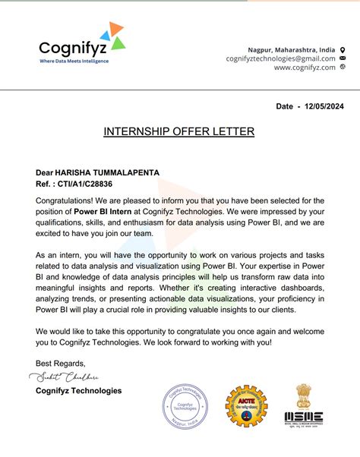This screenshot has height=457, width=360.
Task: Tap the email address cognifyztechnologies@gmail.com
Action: pos(280,58)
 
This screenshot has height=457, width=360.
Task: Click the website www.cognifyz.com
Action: pos(305,67)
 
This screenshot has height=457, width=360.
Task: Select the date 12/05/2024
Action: pos(322,106)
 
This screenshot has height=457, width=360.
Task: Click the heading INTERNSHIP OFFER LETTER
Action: pos(179,132)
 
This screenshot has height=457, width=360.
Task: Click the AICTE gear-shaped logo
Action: pos(245,407)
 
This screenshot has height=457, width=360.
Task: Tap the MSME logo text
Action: pos(303,417)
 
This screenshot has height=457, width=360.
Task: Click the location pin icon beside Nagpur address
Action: pos(343,48)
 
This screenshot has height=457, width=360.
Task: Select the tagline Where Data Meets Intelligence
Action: pos(74,61)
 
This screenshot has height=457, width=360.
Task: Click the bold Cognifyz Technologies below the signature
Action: pos(78,391)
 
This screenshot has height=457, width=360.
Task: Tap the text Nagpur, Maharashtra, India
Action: pos(292,49)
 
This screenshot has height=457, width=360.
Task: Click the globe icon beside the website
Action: pos(343,67)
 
